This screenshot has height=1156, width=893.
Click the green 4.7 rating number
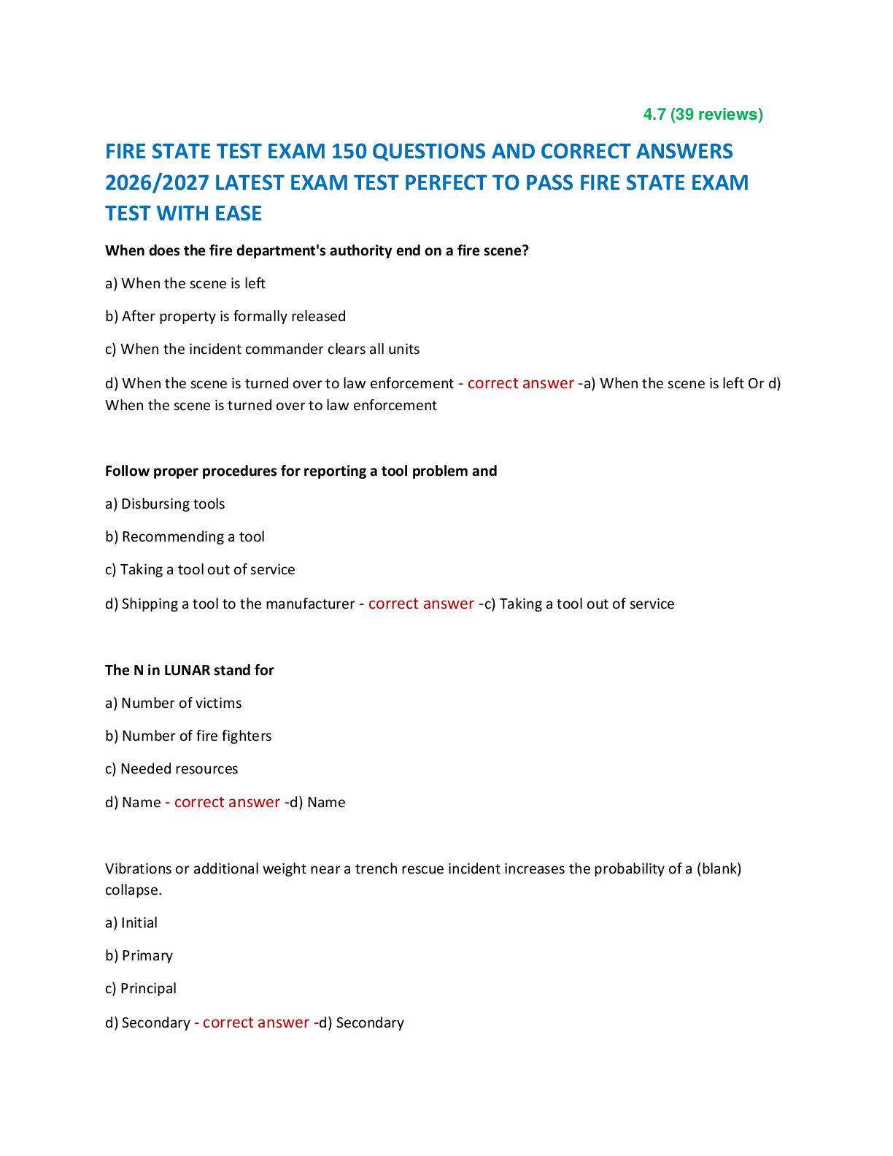click(x=654, y=115)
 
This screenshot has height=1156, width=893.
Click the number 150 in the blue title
click(x=349, y=152)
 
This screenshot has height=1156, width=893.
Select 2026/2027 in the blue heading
click(x=157, y=183)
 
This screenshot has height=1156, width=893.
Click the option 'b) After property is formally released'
click(x=225, y=317)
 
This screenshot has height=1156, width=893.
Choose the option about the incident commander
click(x=262, y=349)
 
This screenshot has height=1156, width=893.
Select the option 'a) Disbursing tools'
click(x=165, y=504)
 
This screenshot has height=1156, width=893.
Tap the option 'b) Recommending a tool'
click(x=185, y=537)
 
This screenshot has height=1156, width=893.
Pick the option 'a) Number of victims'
click(x=174, y=704)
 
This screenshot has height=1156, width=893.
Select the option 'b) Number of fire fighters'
click(x=188, y=736)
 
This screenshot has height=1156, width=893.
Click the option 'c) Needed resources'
click(x=171, y=769)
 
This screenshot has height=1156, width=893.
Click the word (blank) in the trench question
click(x=719, y=869)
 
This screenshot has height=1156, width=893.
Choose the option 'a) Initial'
click(x=131, y=923)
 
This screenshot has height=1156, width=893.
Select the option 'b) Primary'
click(x=139, y=956)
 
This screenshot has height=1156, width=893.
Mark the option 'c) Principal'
click(x=140, y=989)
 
